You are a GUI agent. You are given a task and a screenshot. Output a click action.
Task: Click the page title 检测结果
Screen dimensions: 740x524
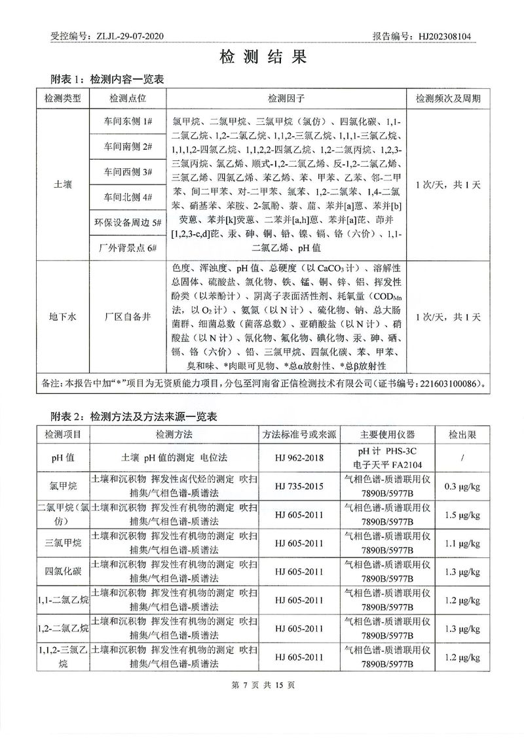point(262,57)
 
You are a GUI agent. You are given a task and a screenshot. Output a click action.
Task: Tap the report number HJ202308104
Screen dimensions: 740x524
point(445,37)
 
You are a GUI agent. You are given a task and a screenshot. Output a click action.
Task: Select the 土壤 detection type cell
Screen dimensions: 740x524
point(63,185)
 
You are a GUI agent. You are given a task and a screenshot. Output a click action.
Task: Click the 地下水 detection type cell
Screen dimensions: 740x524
point(63,317)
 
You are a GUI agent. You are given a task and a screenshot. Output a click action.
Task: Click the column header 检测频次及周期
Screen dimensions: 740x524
point(448,98)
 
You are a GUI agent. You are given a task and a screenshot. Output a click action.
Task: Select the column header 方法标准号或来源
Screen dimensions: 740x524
point(299,434)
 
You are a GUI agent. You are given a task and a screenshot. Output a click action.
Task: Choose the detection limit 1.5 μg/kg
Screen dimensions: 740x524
point(462,516)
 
